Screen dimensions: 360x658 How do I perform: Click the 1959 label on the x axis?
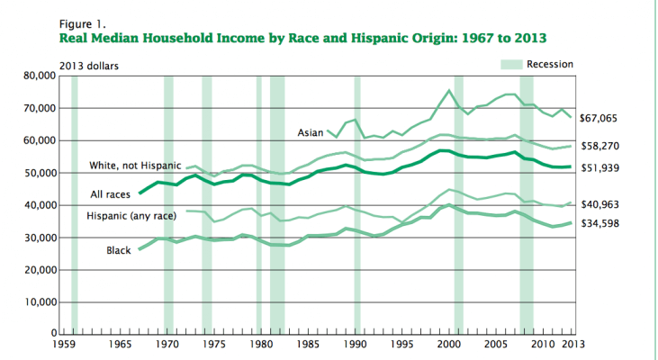pyautogui.click(x=64, y=345)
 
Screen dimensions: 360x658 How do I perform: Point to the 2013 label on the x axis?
pyautogui.click(x=570, y=345)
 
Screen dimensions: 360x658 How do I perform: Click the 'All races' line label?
pyautogui.click(x=112, y=193)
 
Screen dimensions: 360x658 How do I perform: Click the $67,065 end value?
pyautogui.click(x=600, y=119)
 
